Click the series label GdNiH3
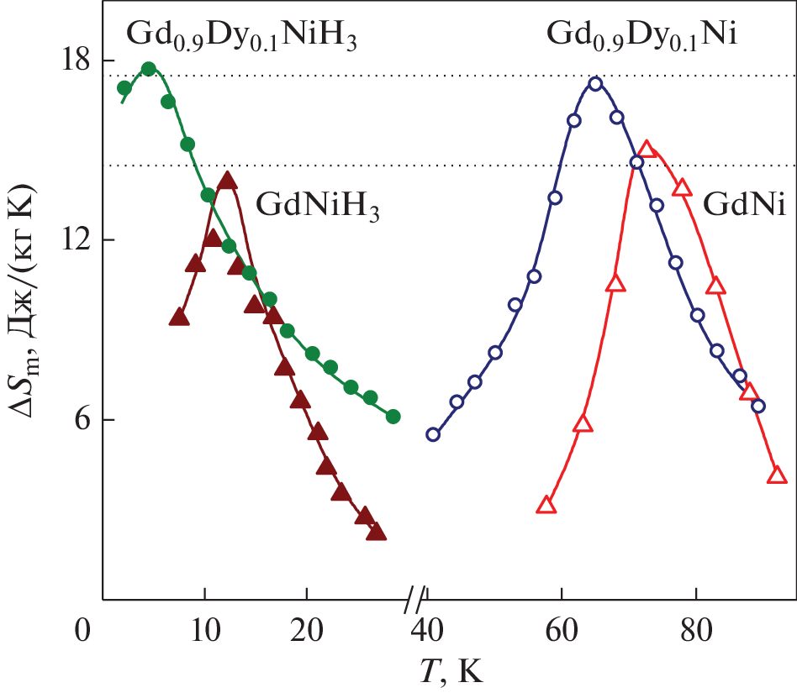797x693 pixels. click(x=318, y=204)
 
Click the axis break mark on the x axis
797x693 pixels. click(x=414, y=600)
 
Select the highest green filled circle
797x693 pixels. click(x=149, y=69)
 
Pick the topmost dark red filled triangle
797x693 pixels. click(x=227, y=180)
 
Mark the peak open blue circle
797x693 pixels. click(x=595, y=83)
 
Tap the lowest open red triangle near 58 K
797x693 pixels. click(x=546, y=505)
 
